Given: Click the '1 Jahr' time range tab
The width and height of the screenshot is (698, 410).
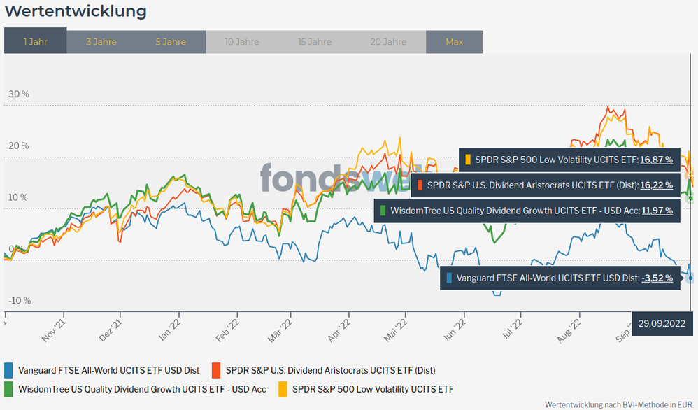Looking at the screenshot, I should coord(35,41).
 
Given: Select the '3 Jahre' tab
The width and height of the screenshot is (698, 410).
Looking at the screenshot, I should coord(101,41).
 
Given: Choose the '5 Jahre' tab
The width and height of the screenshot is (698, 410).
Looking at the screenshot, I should coord(171,41).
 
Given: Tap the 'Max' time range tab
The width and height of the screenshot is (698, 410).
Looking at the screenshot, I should coord(454,41).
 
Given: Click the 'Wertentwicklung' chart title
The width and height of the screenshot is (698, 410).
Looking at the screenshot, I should coord(76,12).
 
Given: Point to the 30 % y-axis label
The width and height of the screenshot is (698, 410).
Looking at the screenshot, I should coord(19,94).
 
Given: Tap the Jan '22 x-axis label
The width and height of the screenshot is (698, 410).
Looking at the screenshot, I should coord(170,327).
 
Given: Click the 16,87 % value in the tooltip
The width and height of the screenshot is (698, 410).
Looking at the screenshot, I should coord(657,160).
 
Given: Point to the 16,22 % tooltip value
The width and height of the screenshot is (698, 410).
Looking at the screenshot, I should coord(657,185).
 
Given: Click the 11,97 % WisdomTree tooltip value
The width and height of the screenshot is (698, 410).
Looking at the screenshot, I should coord(657,210).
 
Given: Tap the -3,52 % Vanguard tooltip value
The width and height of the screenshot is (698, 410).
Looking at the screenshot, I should coord(657,278).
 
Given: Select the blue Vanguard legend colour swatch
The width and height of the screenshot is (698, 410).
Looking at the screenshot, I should coord(8,370).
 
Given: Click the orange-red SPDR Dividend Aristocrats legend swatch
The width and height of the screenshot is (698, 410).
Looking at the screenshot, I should coord(216,370).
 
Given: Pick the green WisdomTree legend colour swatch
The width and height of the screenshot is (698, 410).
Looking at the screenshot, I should coord(8,388).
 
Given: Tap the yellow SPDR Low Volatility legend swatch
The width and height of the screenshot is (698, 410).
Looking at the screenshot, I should coord(283,388).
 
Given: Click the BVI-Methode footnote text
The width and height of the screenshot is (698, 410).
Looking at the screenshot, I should coord(618,404).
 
